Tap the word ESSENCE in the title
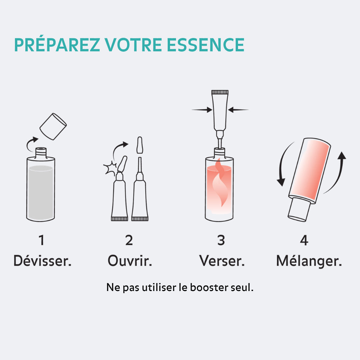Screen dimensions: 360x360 pos(206,45)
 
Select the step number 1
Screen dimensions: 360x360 pos(41,240)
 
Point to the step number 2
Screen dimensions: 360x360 pos(129,240)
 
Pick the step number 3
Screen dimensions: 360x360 pos(221,240)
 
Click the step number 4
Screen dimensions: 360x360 pos(304,240)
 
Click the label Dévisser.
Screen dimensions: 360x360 pos(42,261)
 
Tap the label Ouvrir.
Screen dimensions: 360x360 pos(130,261)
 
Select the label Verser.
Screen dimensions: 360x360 pos(222,261)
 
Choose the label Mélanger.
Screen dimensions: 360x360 pos(309,261)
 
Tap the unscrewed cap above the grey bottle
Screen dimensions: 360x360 pos(53,127)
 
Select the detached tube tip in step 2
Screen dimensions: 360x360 pos(140,145)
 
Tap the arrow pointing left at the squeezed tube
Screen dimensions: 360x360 pos(239,109)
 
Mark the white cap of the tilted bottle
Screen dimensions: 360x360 pos(299,209)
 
